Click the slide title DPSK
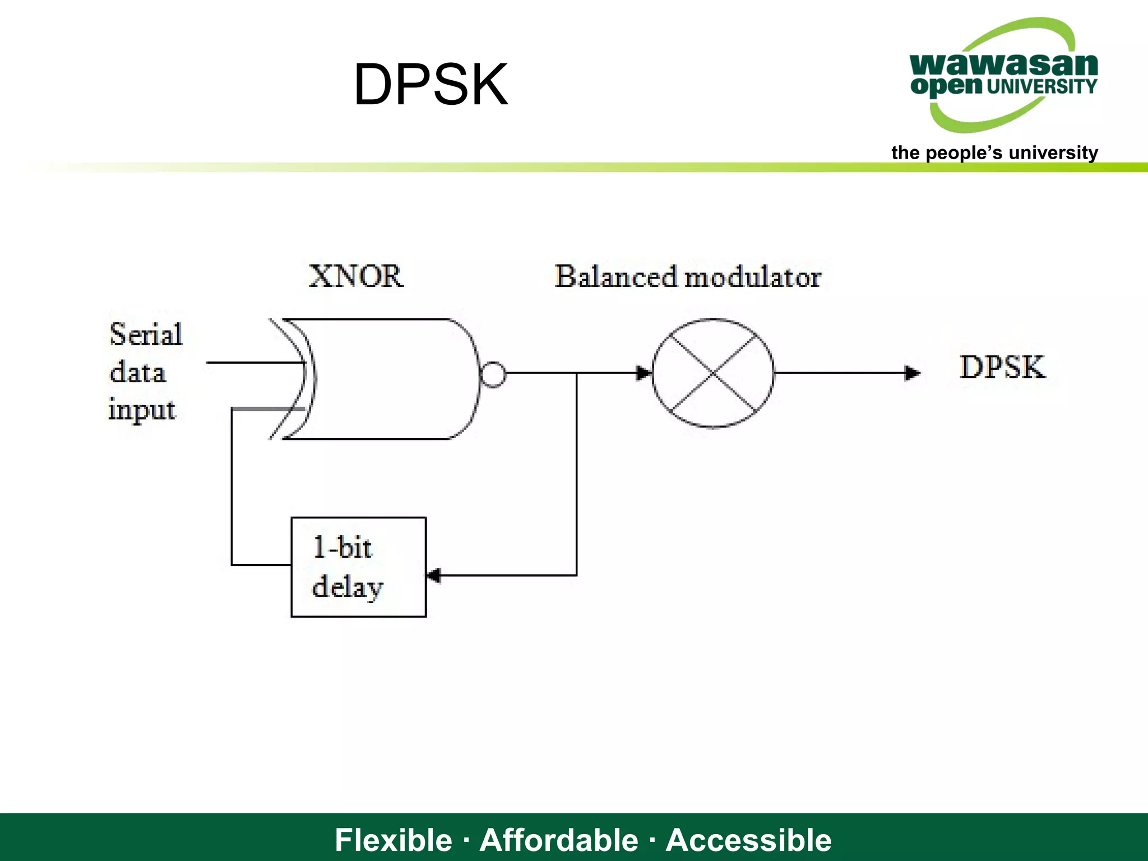(430, 85)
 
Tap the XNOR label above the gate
(356, 276)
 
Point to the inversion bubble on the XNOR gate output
(493, 374)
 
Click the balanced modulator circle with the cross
(713, 373)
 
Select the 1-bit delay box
(359, 567)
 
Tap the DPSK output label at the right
(1002, 368)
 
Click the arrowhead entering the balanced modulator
(644, 373)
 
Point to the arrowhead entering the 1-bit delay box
(434, 575)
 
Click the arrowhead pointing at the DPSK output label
(913, 373)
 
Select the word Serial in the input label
(146, 335)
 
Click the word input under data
(142, 410)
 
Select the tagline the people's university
(994, 152)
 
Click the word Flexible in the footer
(393, 840)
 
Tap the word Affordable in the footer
(559, 840)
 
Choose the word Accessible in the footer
(748, 840)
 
